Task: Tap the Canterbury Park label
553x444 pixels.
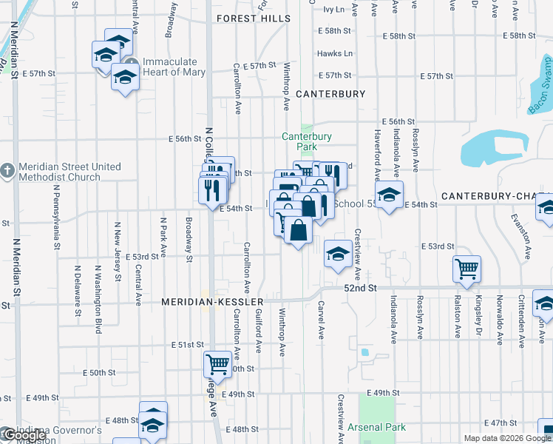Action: tap(307, 141)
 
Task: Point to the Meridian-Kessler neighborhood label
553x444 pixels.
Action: tap(213, 303)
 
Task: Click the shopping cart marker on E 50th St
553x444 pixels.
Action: tap(217, 363)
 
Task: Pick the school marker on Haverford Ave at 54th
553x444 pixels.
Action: tap(388, 195)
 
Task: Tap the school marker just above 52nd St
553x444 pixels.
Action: tap(337, 255)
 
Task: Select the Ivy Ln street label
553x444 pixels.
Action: tap(334, 10)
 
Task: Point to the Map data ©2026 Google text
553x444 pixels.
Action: tap(506, 438)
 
